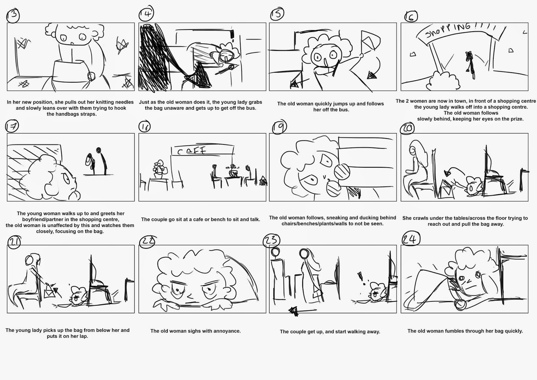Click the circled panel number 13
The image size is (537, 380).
pyautogui.click(x=13, y=15)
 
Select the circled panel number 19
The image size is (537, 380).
pyautogui.click(x=279, y=127)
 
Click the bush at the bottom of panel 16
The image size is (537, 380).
pyautogui.click(x=436, y=80)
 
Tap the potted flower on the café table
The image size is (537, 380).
pyautogui.click(x=158, y=170)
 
